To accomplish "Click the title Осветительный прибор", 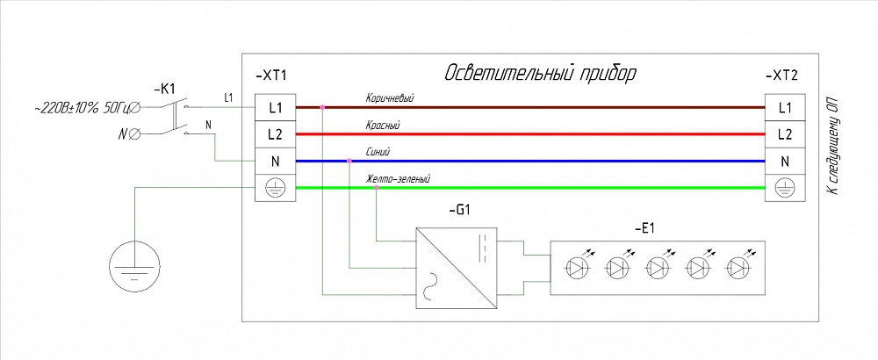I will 540,72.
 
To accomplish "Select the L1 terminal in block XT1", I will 275,107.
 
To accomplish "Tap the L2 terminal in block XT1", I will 275,134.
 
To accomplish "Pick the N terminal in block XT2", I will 785,162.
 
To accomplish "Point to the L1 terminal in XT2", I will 785,107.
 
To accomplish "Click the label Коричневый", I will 389,99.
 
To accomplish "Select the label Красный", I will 383,126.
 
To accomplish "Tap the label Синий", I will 378,153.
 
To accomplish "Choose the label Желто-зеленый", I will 399,179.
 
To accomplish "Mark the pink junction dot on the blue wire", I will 349,162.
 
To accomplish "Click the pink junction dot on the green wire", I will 376,188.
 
